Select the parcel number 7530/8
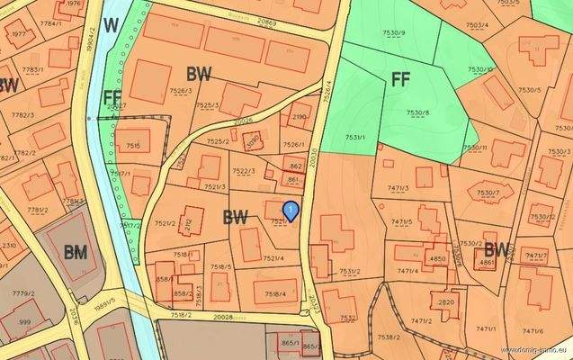click(417, 112)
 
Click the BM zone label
click(76, 253)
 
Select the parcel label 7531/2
click(350, 271)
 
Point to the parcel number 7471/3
click(398, 188)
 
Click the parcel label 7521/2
click(165, 223)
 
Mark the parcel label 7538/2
click(389, 337)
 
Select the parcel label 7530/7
click(488, 193)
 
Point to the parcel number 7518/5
click(221, 267)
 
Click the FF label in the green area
click(401, 78)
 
